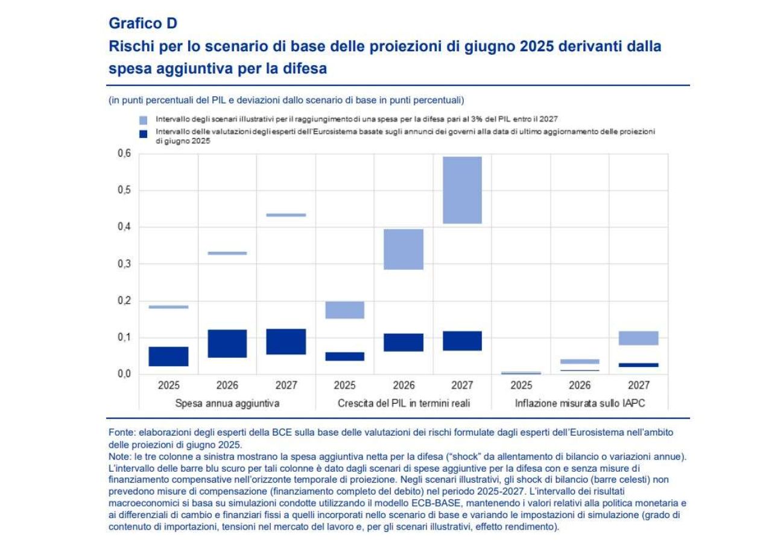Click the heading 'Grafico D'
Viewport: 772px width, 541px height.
coord(144,23)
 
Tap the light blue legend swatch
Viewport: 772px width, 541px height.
coord(143,120)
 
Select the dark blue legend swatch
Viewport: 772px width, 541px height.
coord(143,134)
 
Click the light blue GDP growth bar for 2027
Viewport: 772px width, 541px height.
coord(462,190)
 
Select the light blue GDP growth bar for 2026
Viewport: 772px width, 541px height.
coord(403,249)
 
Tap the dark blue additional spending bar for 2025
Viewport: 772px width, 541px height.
coord(168,356)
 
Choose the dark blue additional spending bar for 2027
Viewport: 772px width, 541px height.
coord(286,342)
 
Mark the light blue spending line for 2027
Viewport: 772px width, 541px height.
coord(286,215)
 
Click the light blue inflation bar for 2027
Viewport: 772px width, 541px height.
coord(639,338)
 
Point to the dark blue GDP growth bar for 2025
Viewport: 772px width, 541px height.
coord(344,356)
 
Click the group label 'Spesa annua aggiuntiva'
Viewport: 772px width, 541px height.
coord(227,403)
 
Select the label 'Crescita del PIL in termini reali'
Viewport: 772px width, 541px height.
coord(403,403)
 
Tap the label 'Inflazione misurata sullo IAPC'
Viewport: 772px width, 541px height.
coord(580,403)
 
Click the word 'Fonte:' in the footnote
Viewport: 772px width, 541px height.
coord(120,433)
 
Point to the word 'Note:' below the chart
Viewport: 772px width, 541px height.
coord(119,456)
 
